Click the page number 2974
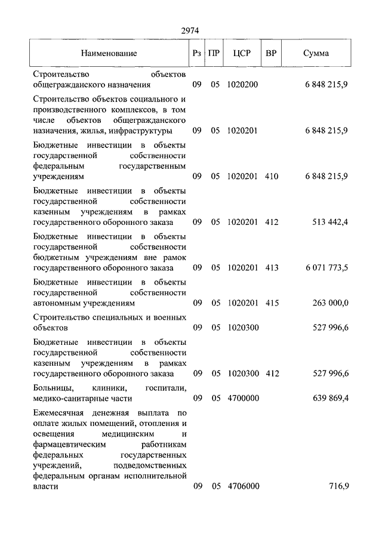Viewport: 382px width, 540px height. point(190,30)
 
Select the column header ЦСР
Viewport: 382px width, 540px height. point(242,53)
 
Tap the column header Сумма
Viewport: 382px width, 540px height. point(316,53)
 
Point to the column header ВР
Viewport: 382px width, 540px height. point(272,53)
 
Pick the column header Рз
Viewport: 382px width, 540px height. point(197,53)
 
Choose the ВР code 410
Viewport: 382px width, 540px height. point(272,177)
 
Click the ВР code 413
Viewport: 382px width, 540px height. point(272,268)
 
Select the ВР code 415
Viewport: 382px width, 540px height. point(272,303)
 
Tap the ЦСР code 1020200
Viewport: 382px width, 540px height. point(242,85)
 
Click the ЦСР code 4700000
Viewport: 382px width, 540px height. point(242,398)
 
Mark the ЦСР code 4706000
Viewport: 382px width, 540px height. point(242,487)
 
